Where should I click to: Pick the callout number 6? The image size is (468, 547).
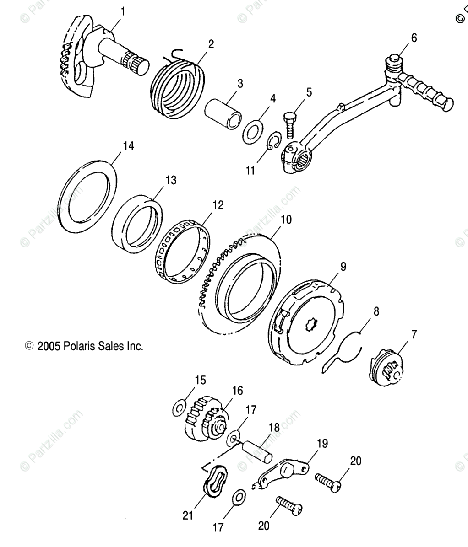pyautogui.click(x=414, y=38)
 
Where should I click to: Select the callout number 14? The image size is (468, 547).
pyautogui.click(x=128, y=146)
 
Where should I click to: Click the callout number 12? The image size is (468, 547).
pyautogui.click(x=218, y=205)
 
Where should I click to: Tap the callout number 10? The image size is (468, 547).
pyautogui.click(x=286, y=220)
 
